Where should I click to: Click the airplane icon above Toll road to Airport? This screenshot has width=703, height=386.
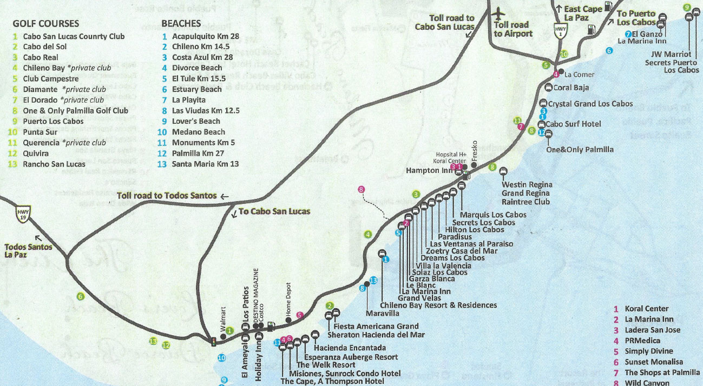tap(498, 13)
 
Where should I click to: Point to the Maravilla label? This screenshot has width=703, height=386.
tap(383, 313)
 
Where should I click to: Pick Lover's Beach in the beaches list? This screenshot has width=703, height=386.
tap(196, 121)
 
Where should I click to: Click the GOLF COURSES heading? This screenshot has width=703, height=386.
tap(45, 24)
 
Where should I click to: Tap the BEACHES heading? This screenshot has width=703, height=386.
tap(181, 24)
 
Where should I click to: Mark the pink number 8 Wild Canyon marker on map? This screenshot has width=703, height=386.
tap(362, 189)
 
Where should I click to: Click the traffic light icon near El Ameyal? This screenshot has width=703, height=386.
tap(214, 342)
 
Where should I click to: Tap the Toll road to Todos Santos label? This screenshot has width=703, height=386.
tap(167, 195)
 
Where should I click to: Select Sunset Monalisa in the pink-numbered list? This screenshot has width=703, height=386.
tap(653, 362)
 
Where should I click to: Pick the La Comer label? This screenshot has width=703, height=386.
tap(579, 75)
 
